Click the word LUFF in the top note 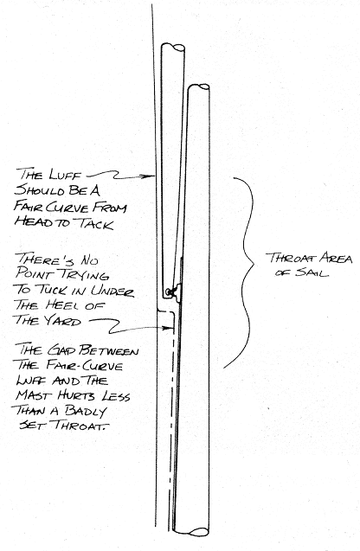point(66,175)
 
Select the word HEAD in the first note point(30,223)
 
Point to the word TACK point(95,224)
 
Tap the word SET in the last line point(32,426)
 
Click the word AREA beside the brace point(336,259)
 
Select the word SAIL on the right point(312,273)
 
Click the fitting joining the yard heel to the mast point(175,292)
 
